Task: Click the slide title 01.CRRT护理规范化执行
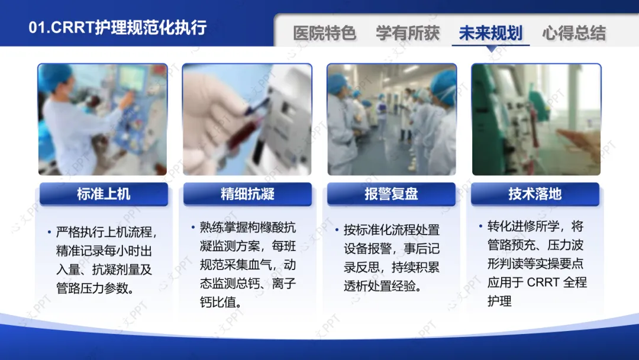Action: coord(118,28)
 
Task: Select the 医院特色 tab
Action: coord(325,33)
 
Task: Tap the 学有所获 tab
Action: coord(408,33)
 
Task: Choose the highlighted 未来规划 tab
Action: coord(490,33)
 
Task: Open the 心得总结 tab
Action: coord(574,33)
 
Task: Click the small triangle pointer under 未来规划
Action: coord(492,49)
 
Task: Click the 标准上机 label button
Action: coord(104,194)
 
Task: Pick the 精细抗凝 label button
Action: coord(247,194)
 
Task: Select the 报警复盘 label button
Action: coord(391,194)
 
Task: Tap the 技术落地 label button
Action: coord(535,194)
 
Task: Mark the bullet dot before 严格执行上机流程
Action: coord(49,232)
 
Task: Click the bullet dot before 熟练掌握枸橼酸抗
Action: coord(193,227)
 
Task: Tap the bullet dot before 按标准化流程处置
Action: coord(337,230)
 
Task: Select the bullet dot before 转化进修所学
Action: coord(481,226)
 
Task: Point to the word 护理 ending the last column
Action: coord(499,301)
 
